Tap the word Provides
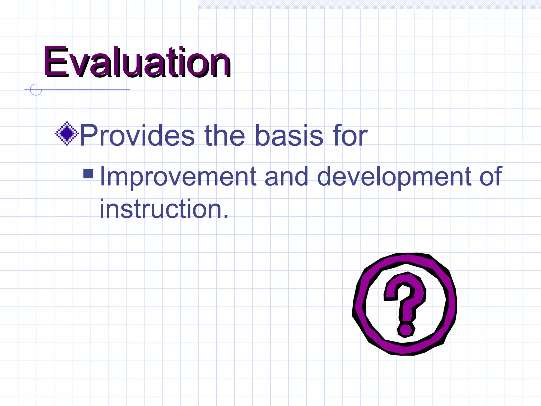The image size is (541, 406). click(137, 136)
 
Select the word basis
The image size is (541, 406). click(289, 136)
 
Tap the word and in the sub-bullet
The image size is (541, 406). click(286, 177)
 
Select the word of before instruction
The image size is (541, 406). click(491, 177)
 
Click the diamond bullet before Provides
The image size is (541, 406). click(67, 134)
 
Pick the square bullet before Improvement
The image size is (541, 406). click(88, 174)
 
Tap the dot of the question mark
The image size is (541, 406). click(406, 329)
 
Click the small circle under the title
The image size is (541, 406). click(36, 90)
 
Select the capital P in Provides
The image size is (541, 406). click(88, 136)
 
